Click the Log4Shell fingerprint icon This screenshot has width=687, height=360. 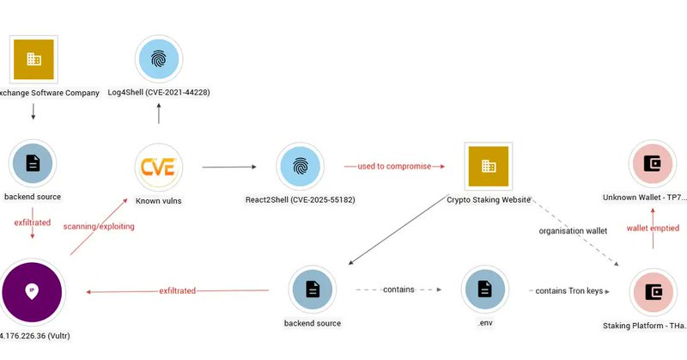click(x=159, y=59)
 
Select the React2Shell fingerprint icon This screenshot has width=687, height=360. click(x=300, y=166)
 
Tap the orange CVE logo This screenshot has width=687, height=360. click(x=159, y=166)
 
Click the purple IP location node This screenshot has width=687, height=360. click(x=33, y=290)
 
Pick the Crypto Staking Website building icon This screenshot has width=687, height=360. click(x=488, y=166)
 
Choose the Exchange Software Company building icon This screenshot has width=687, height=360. click(x=33, y=59)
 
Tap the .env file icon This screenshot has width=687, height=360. click(x=483, y=290)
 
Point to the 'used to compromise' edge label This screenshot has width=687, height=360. click(x=394, y=165)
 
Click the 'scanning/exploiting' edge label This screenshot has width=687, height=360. click(x=98, y=226)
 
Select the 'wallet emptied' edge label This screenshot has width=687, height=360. click(x=652, y=229)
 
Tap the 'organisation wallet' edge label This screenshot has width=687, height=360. click(x=573, y=230)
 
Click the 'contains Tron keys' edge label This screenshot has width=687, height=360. click(x=568, y=291)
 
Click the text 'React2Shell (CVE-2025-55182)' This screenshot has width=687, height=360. click(x=300, y=200)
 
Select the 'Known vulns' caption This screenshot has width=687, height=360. click(x=159, y=200)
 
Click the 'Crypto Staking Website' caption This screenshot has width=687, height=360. click(x=488, y=200)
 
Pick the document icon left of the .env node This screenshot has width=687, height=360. click(x=313, y=290)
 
